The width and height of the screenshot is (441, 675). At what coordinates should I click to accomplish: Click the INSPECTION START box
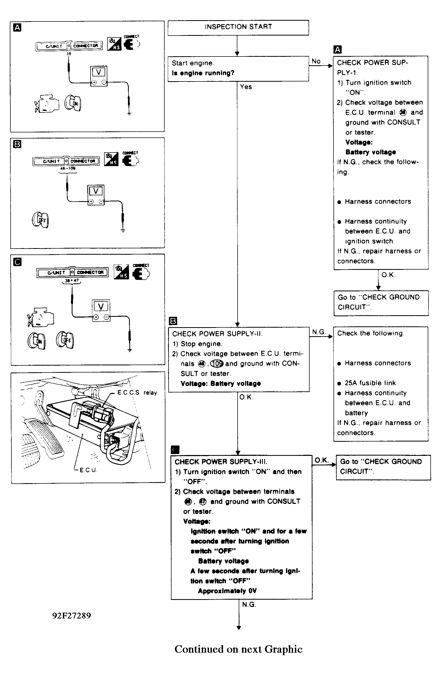[x=238, y=28]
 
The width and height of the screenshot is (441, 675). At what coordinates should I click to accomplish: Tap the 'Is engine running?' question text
[x=203, y=73]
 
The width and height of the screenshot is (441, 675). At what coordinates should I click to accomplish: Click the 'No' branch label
[x=316, y=61]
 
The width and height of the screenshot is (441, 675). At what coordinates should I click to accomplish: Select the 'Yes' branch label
[x=246, y=87]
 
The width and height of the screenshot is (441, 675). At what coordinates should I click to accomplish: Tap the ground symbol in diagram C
[x=130, y=350]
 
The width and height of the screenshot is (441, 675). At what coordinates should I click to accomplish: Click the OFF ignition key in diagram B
[x=40, y=220]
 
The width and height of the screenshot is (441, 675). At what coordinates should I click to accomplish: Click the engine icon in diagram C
[x=41, y=317]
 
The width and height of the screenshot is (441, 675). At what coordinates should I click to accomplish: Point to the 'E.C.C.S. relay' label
[x=137, y=392]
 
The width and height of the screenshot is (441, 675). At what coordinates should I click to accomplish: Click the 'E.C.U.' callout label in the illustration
[x=88, y=470]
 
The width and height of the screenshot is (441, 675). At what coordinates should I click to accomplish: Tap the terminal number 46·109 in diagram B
[x=67, y=168]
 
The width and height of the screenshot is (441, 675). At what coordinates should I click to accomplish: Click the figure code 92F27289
[x=71, y=616]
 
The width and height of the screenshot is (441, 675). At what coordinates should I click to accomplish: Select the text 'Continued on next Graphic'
[x=238, y=649]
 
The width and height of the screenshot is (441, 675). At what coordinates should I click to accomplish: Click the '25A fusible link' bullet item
[x=370, y=383]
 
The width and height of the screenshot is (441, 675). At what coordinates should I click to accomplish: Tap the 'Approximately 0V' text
[x=227, y=591]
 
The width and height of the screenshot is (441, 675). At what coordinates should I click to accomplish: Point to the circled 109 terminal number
[x=217, y=363]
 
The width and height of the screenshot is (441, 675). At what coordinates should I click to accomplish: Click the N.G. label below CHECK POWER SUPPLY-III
[x=249, y=604]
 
